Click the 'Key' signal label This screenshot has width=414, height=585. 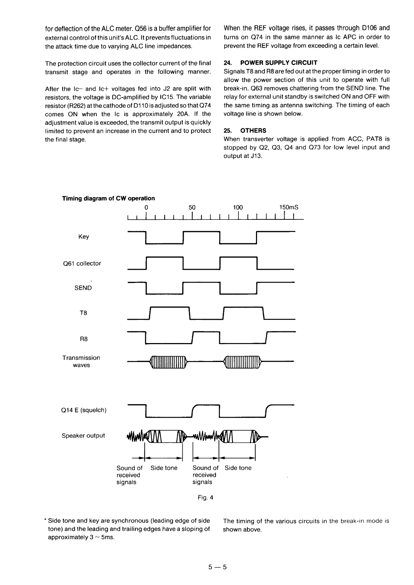83,237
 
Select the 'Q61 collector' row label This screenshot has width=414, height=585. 82,263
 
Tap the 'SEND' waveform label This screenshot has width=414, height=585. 83,288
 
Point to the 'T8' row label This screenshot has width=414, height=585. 83,313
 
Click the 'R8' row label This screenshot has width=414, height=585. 83,339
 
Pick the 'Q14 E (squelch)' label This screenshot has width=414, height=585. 84,410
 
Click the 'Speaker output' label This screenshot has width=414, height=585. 83,435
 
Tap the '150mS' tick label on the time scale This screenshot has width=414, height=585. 289,207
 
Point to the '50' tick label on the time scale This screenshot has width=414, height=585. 192,207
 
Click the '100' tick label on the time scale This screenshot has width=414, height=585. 238,207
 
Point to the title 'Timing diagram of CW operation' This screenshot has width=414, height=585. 109,198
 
